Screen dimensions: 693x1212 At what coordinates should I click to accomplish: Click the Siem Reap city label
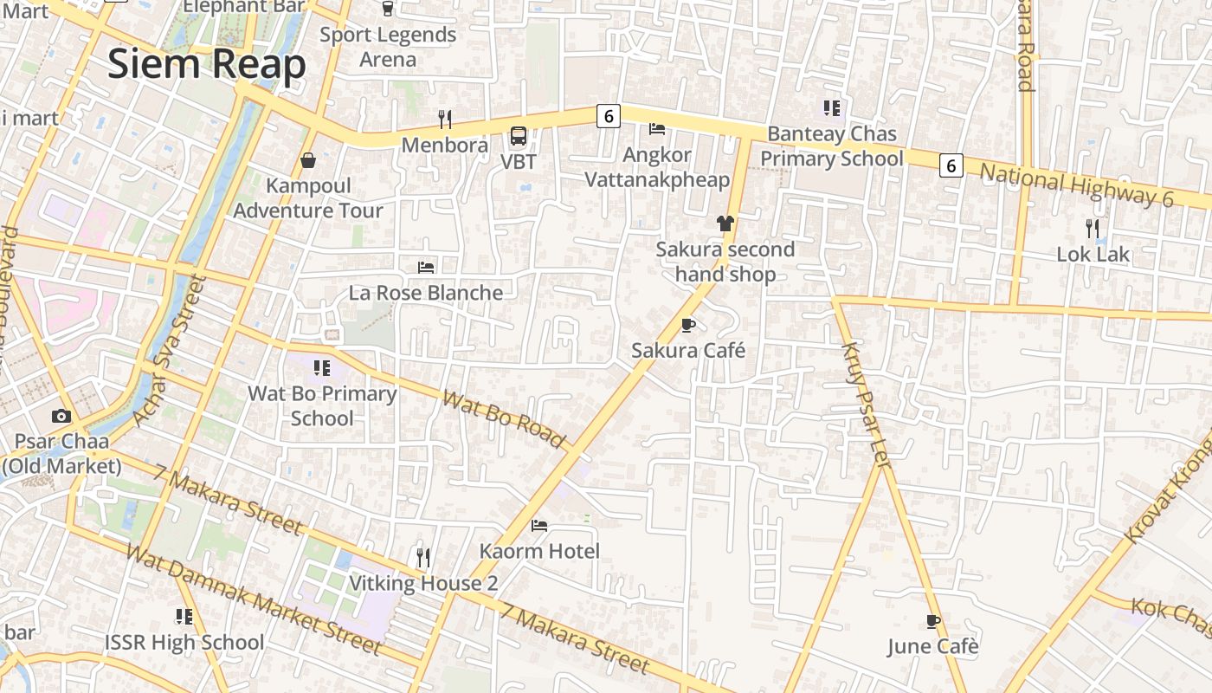[x=207, y=65]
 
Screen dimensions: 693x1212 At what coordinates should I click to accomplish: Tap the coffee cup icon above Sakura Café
[x=688, y=325]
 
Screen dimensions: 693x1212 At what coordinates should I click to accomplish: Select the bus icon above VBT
[x=519, y=136]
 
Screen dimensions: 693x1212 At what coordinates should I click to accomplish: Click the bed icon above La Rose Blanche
[x=426, y=267]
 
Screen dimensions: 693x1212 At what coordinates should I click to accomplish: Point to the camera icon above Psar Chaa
[x=61, y=416]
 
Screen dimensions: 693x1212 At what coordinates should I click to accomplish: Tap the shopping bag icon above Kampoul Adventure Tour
[x=307, y=160]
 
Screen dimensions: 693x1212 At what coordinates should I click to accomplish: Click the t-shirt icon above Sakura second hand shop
[x=725, y=223]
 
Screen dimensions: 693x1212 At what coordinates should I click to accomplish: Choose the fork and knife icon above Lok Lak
[x=1093, y=229]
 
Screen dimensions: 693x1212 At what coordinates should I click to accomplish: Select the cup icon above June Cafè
[x=932, y=621]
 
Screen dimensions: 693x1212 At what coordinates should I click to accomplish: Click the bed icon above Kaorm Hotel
[x=539, y=526]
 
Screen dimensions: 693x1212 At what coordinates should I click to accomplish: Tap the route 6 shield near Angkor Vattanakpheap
[x=609, y=115]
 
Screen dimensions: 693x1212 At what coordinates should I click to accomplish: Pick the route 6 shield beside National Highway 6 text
[x=951, y=165]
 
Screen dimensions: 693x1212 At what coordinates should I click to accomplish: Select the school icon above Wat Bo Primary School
[x=322, y=368]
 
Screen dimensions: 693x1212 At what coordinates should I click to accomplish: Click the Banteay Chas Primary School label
[x=832, y=146]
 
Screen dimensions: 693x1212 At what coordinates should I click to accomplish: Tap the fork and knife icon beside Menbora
[x=445, y=119]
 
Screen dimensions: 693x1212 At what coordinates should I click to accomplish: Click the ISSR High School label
[x=184, y=642]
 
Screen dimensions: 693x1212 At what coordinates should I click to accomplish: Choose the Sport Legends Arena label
[x=388, y=47]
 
